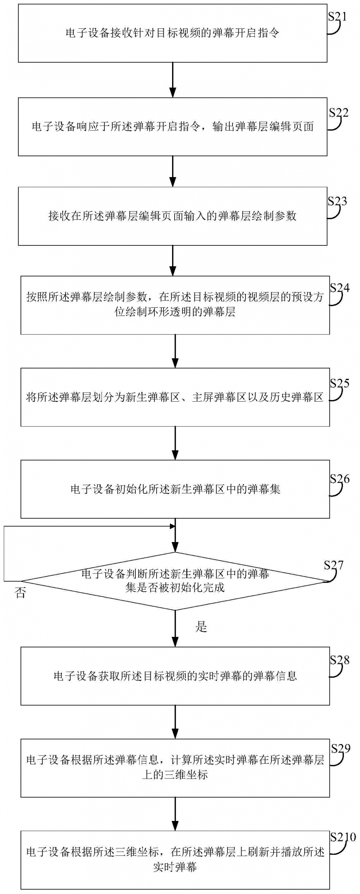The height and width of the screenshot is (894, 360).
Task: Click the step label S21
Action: (337, 17)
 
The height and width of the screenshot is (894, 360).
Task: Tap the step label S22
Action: (339, 113)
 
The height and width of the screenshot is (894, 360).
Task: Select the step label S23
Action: (337, 201)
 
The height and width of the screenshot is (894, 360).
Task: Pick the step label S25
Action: (340, 383)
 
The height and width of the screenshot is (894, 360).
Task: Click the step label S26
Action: (340, 479)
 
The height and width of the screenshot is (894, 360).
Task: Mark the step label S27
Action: (334, 565)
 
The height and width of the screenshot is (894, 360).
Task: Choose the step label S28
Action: (340, 660)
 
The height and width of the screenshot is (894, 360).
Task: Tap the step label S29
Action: (341, 749)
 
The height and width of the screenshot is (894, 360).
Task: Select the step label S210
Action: (343, 837)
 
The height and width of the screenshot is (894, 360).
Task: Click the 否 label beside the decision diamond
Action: (21, 593)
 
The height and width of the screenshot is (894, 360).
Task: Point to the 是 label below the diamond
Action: (201, 627)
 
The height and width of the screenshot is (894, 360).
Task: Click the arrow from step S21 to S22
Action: (173, 80)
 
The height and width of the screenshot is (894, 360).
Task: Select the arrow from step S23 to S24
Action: (173, 261)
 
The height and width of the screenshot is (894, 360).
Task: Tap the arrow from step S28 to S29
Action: (175, 722)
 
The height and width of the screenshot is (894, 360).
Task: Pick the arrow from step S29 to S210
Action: (175, 814)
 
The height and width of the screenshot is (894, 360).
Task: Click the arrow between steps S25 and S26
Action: (175, 443)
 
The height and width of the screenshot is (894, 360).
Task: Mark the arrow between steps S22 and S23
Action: (173, 171)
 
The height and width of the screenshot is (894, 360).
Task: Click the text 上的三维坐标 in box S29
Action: (175, 775)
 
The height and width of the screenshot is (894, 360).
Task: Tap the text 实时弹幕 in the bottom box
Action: (175, 867)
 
